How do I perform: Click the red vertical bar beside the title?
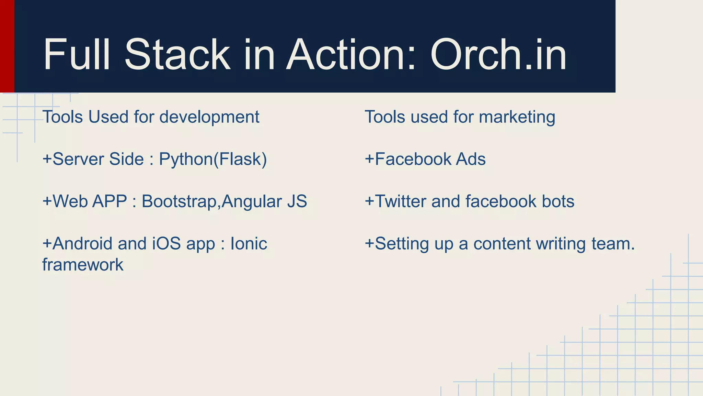(x=7, y=46)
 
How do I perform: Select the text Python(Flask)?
(x=213, y=159)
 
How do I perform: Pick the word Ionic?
(x=249, y=244)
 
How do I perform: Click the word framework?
(x=83, y=265)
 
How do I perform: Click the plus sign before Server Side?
(x=47, y=159)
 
